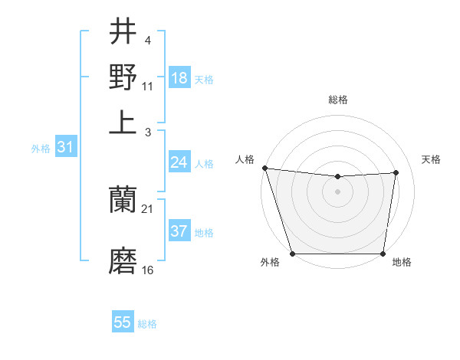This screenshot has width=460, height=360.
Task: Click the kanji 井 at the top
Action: click(x=123, y=33)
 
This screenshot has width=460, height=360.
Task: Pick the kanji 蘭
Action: click(x=123, y=201)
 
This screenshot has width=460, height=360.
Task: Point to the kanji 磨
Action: click(x=123, y=261)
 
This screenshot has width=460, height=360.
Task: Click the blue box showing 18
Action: click(x=179, y=77)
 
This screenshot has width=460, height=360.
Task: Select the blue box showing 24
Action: click(x=179, y=162)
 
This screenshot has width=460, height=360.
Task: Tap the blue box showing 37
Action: click(x=179, y=231)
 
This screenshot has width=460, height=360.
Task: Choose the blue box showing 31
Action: click(x=65, y=147)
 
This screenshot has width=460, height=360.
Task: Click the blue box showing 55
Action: click(x=123, y=322)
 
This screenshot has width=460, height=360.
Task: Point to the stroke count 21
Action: click(x=148, y=209)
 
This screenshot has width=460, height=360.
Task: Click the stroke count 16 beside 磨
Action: click(x=148, y=270)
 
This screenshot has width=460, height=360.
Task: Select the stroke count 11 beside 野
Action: click(x=148, y=85)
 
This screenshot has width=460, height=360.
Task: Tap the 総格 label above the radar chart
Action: click(x=337, y=100)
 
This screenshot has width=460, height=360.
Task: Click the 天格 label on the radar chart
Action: click(x=431, y=159)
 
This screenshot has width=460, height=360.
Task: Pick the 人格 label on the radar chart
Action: click(x=245, y=159)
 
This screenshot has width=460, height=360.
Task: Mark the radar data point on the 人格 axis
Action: click(x=264, y=168)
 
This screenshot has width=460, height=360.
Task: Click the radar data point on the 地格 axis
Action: click(x=383, y=254)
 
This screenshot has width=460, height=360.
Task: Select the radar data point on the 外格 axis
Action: click(x=292, y=254)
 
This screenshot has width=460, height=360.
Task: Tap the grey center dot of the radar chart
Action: click(x=337, y=191)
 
